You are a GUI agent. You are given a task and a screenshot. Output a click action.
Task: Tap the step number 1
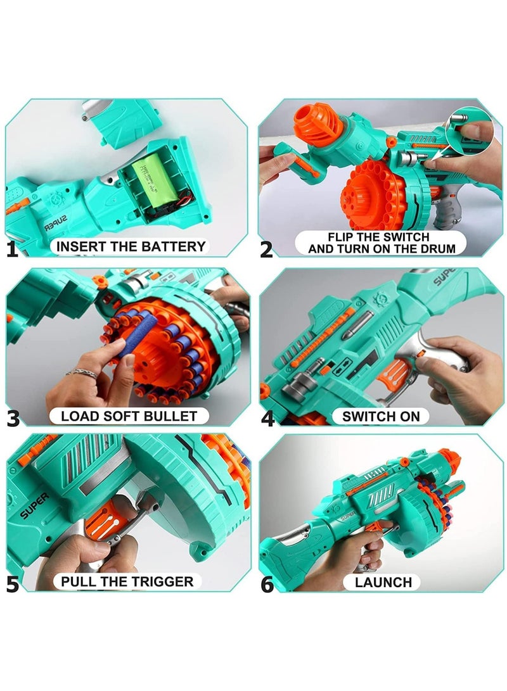[13, 249]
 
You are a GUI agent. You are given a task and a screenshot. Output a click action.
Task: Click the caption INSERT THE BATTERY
[131, 246]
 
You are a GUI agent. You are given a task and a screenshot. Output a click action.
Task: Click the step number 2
[266, 249]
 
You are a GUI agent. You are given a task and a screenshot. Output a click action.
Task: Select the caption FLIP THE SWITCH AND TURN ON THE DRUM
[382, 243]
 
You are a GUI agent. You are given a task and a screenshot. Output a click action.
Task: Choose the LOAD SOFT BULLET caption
[129, 416]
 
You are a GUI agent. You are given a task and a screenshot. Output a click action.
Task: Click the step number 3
[13, 418]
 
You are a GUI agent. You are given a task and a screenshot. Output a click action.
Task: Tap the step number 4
[267, 418]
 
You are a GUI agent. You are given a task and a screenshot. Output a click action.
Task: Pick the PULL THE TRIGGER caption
[127, 581]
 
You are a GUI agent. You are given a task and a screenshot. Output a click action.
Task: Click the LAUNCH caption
[383, 581]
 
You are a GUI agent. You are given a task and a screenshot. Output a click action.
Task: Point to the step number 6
[267, 583]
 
